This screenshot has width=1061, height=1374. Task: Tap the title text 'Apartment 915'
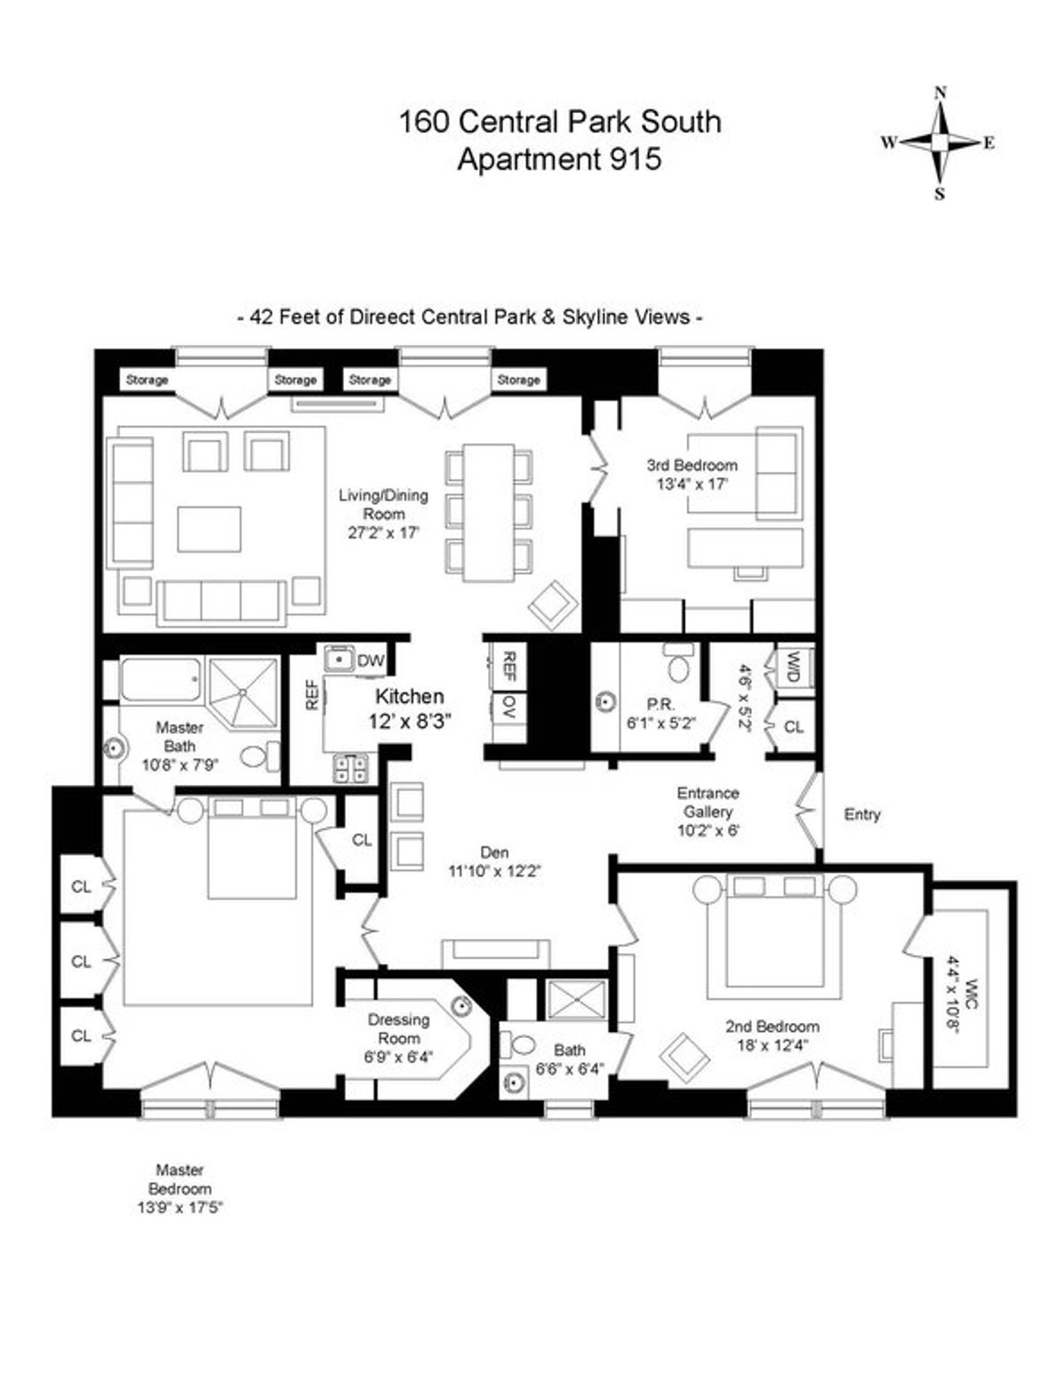559,159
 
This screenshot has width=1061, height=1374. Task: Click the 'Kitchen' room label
409,697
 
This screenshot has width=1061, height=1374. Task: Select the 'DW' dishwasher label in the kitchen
370,660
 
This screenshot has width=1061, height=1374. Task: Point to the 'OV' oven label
508,706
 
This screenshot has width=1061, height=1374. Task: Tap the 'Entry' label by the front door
862,814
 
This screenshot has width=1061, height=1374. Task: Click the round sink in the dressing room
461,1004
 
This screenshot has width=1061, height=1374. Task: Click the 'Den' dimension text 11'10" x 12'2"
494,871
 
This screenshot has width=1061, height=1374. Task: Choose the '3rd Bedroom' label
691,465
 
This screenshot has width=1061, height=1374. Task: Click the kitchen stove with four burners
350,767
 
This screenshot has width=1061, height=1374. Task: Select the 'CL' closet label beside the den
362,840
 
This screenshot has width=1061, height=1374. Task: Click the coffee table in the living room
209,529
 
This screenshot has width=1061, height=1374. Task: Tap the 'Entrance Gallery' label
707,803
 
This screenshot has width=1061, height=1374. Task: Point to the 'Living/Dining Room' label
384,504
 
